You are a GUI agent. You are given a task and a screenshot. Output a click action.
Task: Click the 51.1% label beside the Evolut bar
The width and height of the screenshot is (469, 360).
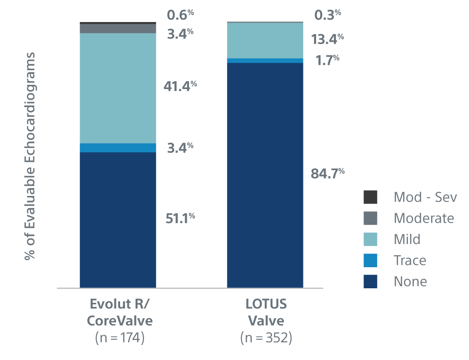pyautogui.click(x=180, y=218)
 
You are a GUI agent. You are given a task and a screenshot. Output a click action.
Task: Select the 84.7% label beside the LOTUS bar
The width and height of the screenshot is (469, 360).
pyautogui.click(x=327, y=173)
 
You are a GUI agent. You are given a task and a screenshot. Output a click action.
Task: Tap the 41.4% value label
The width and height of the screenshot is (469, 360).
pyautogui.click(x=180, y=86)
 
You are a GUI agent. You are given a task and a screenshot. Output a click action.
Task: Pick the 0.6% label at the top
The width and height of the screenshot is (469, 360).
pyautogui.click(x=180, y=15)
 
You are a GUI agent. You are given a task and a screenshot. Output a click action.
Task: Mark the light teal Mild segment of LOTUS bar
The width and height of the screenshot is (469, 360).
pyautogui.click(x=265, y=40)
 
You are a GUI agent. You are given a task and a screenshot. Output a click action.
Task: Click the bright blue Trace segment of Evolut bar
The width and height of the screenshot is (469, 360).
pyautogui.click(x=118, y=148)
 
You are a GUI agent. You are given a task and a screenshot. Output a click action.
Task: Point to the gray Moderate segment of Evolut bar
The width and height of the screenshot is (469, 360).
pyautogui.click(x=118, y=29)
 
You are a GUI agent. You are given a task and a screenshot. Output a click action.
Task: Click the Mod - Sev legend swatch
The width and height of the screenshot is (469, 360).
pyautogui.click(x=371, y=197)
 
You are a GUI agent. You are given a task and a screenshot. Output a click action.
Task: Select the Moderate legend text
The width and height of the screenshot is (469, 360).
pyautogui.click(x=424, y=218)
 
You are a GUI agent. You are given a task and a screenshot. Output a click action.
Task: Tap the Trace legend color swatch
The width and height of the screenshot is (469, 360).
pyautogui.click(x=371, y=260)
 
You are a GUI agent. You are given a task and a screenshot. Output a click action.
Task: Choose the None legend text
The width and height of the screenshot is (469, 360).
pyautogui.click(x=410, y=281)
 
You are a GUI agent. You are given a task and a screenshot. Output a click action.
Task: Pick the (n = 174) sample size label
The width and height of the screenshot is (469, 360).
pyautogui.click(x=120, y=337)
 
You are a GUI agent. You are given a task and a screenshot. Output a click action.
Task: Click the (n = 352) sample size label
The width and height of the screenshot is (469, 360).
pyautogui.click(x=266, y=337)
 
